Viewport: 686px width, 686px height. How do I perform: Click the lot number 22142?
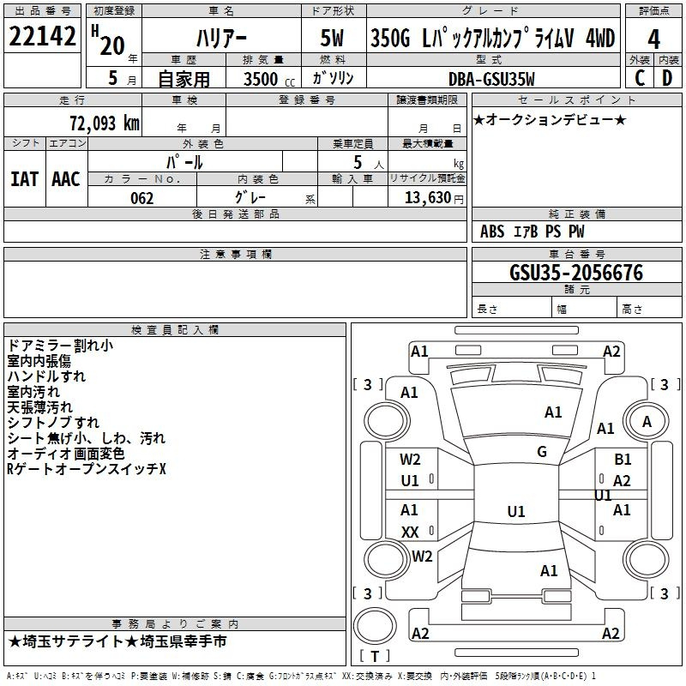pyautogui.click(x=42, y=36)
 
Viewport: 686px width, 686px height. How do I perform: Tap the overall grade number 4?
pyautogui.click(x=653, y=39)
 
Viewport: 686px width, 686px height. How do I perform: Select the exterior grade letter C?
pyautogui.click(x=640, y=78)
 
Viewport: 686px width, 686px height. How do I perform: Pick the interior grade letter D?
pyautogui.click(x=667, y=78)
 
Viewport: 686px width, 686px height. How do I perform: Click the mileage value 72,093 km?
pyautogui.click(x=105, y=123)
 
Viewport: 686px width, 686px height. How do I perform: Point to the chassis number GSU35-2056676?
pyautogui.click(x=576, y=273)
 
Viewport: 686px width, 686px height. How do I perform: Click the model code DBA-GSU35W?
pyautogui.click(x=491, y=79)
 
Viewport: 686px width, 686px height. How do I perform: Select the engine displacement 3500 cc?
pyautogui.click(x=269, y=79)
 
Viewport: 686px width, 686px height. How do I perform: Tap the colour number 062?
pyautogui.click(x=141, y=198)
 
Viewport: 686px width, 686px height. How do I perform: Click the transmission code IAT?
pyautogui.click(x=24, y=179)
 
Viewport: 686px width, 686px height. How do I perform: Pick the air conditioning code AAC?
pyautogui.click(x=66, y=179)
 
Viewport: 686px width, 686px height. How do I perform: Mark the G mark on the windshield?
pyautogui.click(x=542, y=452)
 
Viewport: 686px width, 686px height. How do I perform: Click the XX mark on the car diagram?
pyautogui.click(x=410, y=532)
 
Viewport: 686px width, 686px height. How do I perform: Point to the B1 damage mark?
pyautogui.click(x=623, y=460)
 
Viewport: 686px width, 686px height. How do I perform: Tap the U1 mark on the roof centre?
pyautogui.click(x=516, y=511)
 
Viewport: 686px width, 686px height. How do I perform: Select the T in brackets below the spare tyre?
pyautogui.click(x=375, y=656)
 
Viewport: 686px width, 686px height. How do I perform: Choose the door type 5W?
pyautogui.click(x=332, y=38)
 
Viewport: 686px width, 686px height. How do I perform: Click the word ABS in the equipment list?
pyautogui.click(x=491, y=232)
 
